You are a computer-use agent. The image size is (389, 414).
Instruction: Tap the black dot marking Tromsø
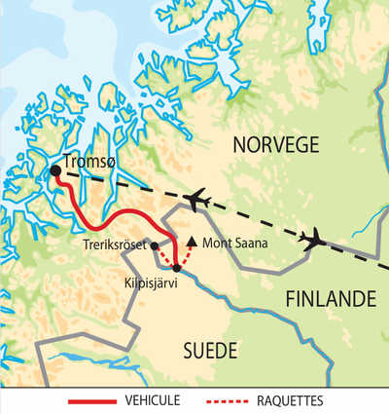point(55,170)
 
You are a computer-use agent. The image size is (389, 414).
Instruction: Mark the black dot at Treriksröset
point(155,245)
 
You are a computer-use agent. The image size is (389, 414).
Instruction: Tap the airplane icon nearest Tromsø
point(197,199)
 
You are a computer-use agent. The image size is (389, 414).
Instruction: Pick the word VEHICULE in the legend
point(154,400)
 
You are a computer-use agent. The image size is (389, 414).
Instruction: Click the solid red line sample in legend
point(92,401)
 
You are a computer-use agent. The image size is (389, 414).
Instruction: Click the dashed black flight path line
point(253,217)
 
